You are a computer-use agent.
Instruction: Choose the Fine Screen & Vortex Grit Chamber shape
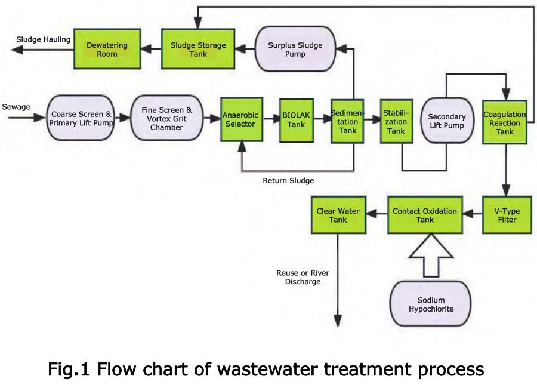pos(167,118)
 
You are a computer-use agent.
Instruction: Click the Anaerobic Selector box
pos(242,119)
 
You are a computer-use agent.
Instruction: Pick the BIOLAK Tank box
pos(296,119)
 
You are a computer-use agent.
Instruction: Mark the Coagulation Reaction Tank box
pos(504,122)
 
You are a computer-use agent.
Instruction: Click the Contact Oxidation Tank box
pos(425,215)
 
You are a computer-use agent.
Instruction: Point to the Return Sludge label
pos(288,180)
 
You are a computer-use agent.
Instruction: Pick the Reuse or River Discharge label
pos(303,277)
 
